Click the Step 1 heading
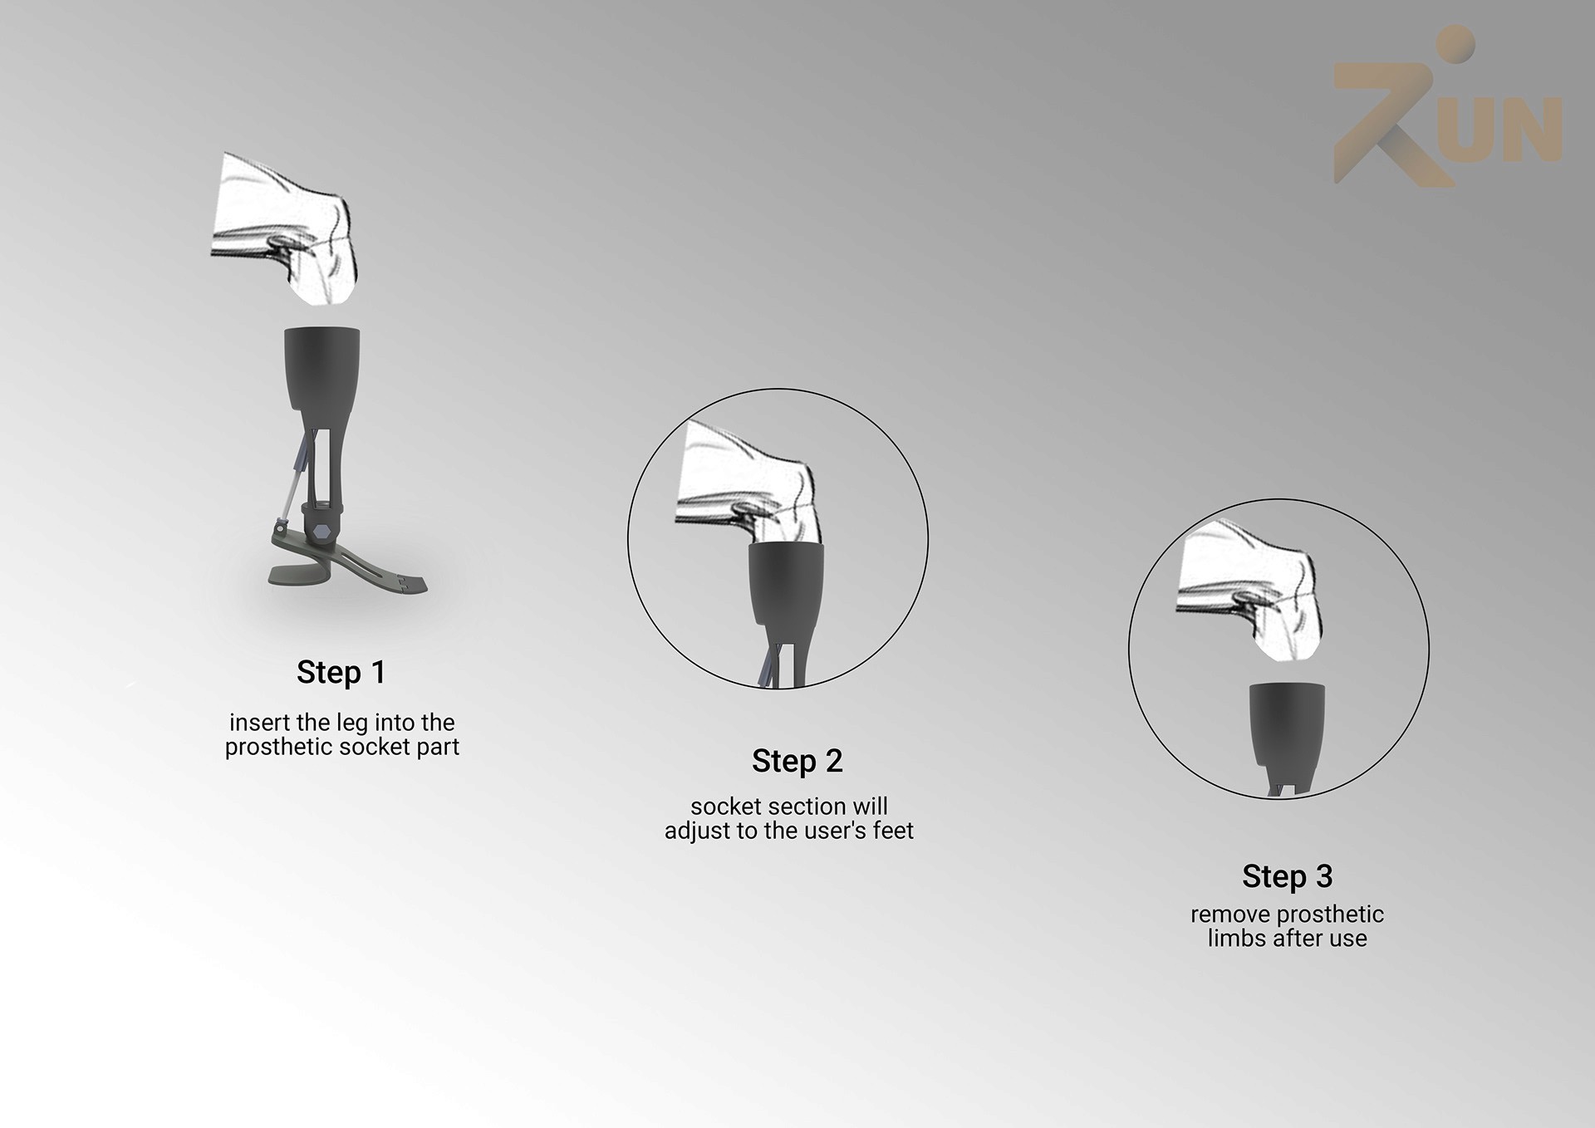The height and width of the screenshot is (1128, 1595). (x=341, y=673)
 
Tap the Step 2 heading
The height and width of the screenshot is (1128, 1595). (x=797, y=762)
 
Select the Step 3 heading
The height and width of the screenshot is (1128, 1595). (x=1288, y=876)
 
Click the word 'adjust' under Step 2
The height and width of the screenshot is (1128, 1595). (x=697, y=831)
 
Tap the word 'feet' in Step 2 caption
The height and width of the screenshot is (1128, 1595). (x=893, y=831)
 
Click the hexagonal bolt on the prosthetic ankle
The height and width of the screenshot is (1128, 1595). (x=322, y=530)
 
